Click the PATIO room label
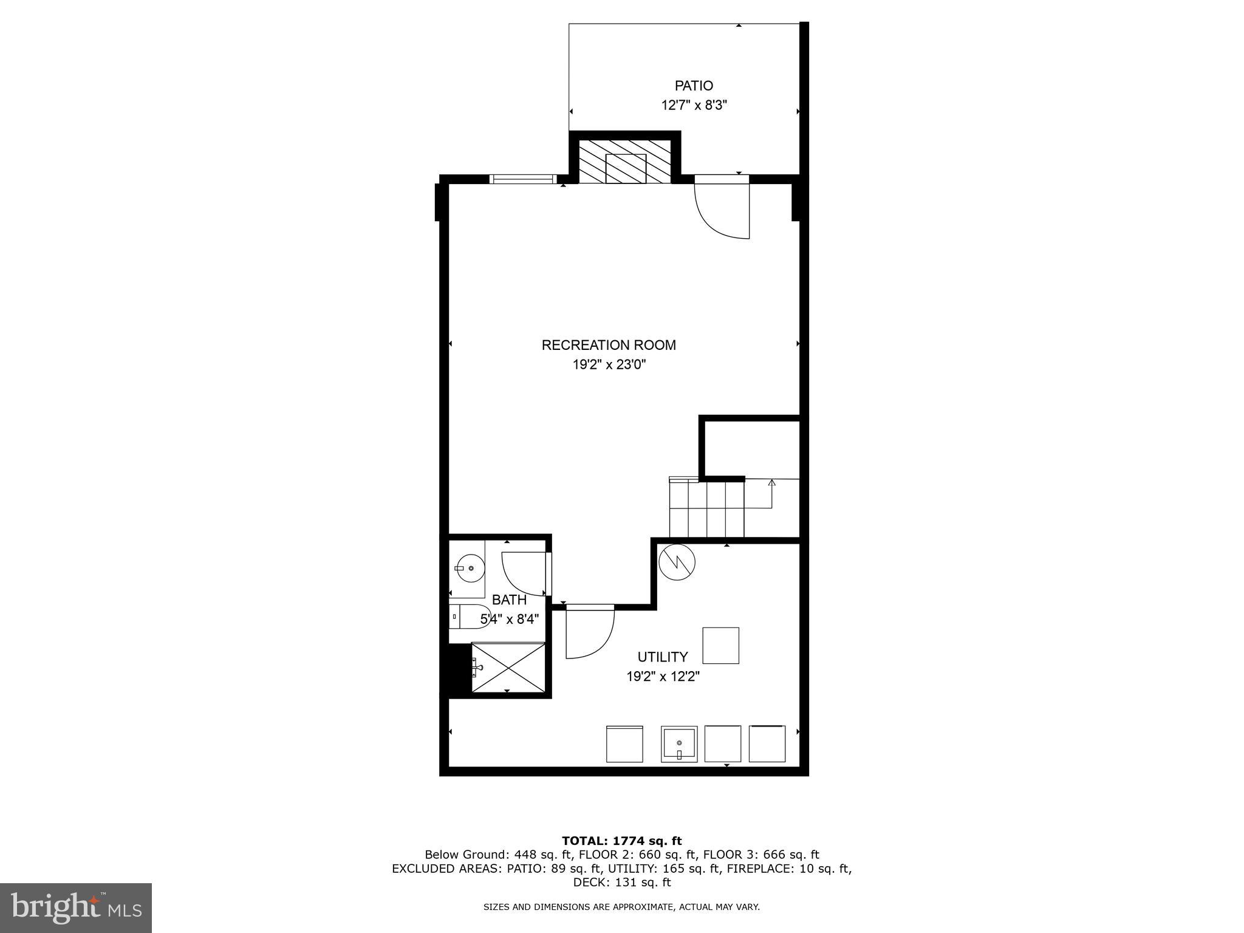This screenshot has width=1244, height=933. pyautogui.click(x=694, y=86)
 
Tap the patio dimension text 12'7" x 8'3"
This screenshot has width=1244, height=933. pyautogui.click(x=694, y=105)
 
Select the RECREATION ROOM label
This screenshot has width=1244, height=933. pyautogui.click(x=609, y=345)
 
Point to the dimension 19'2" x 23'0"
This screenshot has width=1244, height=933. pyautogui.click(x=609, y=365)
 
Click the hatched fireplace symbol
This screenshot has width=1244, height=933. pyautogui.click(x=625, y=162)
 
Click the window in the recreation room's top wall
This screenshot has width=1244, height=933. pyautogui.click(x=522, y=179)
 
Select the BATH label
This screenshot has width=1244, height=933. pyautogui.click(x=509, y=600)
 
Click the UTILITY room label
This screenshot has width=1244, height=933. pyautogui.click(x=662, y=657)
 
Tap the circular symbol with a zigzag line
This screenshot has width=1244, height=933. pyautogui.click(x=677, y=561)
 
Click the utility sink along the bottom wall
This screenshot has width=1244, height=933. pyautogui.click(x=679, y=743)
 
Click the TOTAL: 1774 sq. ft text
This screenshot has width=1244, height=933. pyautogui.click(x=621, y=841)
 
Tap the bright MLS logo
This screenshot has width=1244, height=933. pyautogui.click(x=76, y=908)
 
